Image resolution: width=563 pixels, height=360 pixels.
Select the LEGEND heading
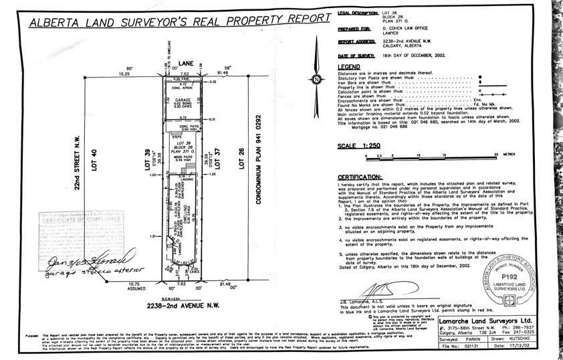click(350, 68)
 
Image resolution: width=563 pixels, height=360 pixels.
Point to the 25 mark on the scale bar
click(494, 153)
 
